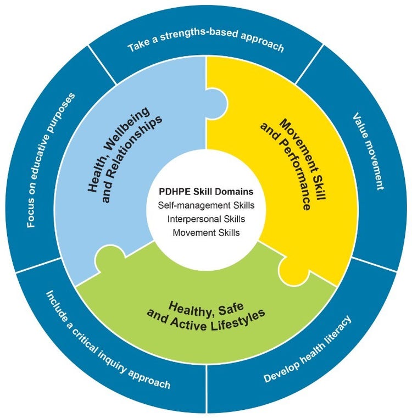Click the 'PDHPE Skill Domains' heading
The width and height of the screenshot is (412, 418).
click(x=206, y=192)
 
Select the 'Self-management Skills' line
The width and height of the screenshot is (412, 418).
click(x=206, y=205)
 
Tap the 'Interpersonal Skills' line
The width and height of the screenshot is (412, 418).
click(x=206, y=219)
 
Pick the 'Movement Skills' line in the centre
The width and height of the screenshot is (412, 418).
click(x=206, y=232)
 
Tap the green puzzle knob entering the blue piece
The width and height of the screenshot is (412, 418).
click(x=110, y=257)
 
